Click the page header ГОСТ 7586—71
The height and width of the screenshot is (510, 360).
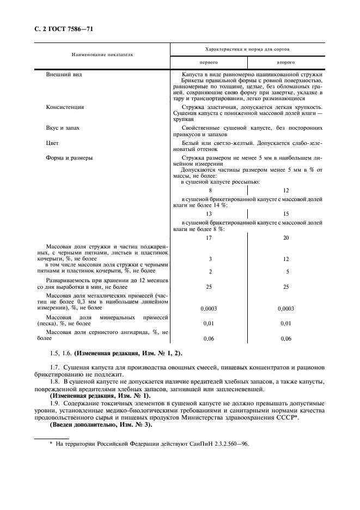tap(64, 28)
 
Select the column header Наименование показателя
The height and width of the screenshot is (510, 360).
tap(102, 54)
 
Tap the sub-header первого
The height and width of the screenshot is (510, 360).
tap(209, 63)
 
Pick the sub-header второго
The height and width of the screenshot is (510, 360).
tap(286, 63)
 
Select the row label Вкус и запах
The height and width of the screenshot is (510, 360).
tap(63, 127)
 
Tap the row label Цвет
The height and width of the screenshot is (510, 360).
tap(53, 143)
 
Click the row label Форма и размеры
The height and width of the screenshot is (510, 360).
tap(69, 158)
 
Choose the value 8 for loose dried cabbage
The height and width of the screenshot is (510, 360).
tap(210, 190)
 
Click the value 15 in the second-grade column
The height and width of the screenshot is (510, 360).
tap(286, 214)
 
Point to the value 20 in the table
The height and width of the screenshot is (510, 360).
tap(286, 238)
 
